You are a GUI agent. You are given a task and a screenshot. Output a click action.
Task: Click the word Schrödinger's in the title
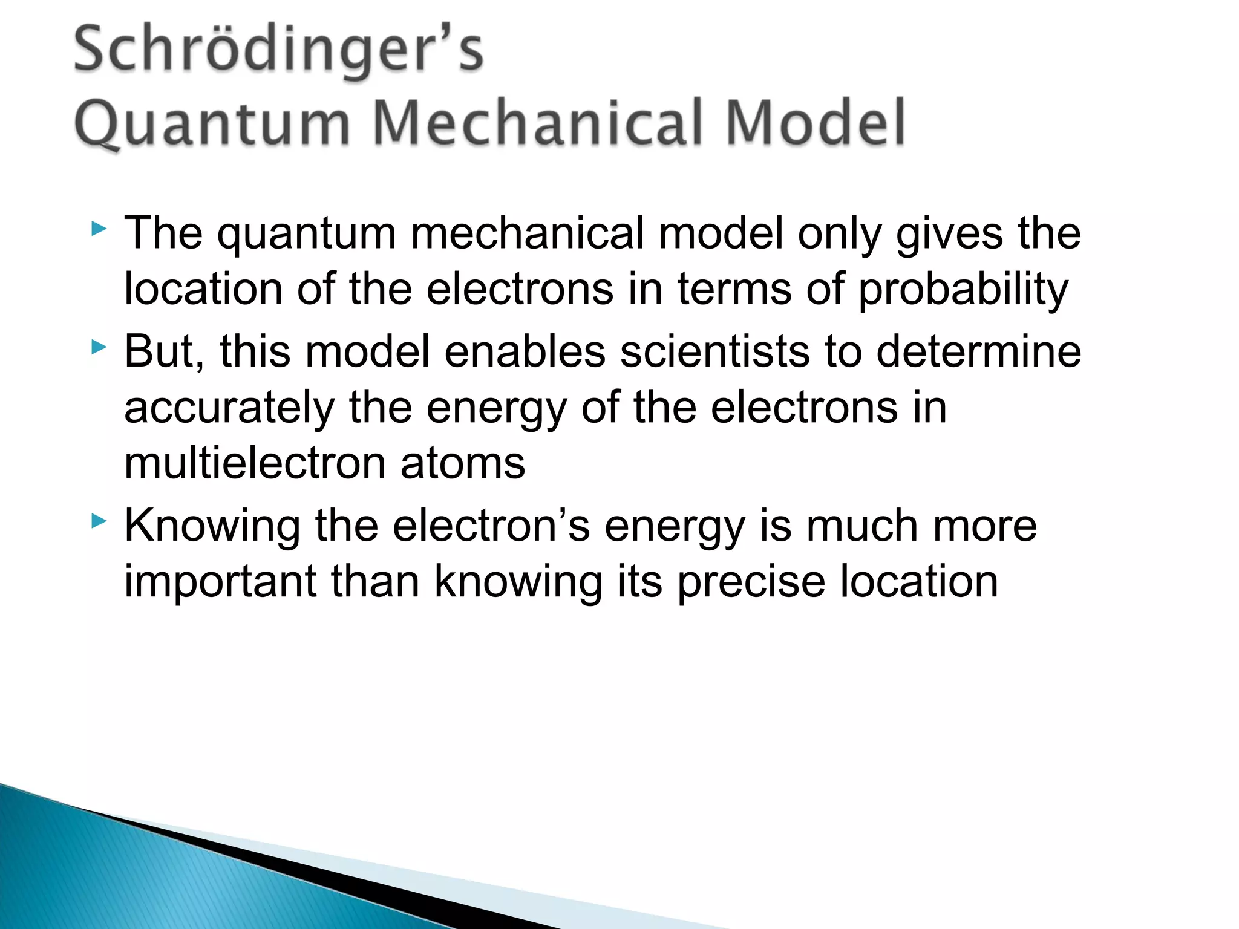point(278,51)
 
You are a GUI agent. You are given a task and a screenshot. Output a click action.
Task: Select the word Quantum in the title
point(212,124)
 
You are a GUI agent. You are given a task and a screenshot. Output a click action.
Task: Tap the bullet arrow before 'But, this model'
point(99,347)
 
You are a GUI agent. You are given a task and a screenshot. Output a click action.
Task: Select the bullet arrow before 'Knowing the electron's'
point(99,521)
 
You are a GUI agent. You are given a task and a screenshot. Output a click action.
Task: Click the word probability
point(963,290)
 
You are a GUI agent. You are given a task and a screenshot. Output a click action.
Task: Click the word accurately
point(229,408)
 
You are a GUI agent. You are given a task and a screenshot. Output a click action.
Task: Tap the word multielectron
point(254,464)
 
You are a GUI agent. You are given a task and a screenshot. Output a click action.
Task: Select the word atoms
point(462,464)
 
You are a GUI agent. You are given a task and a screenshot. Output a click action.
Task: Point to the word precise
point(751,582)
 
